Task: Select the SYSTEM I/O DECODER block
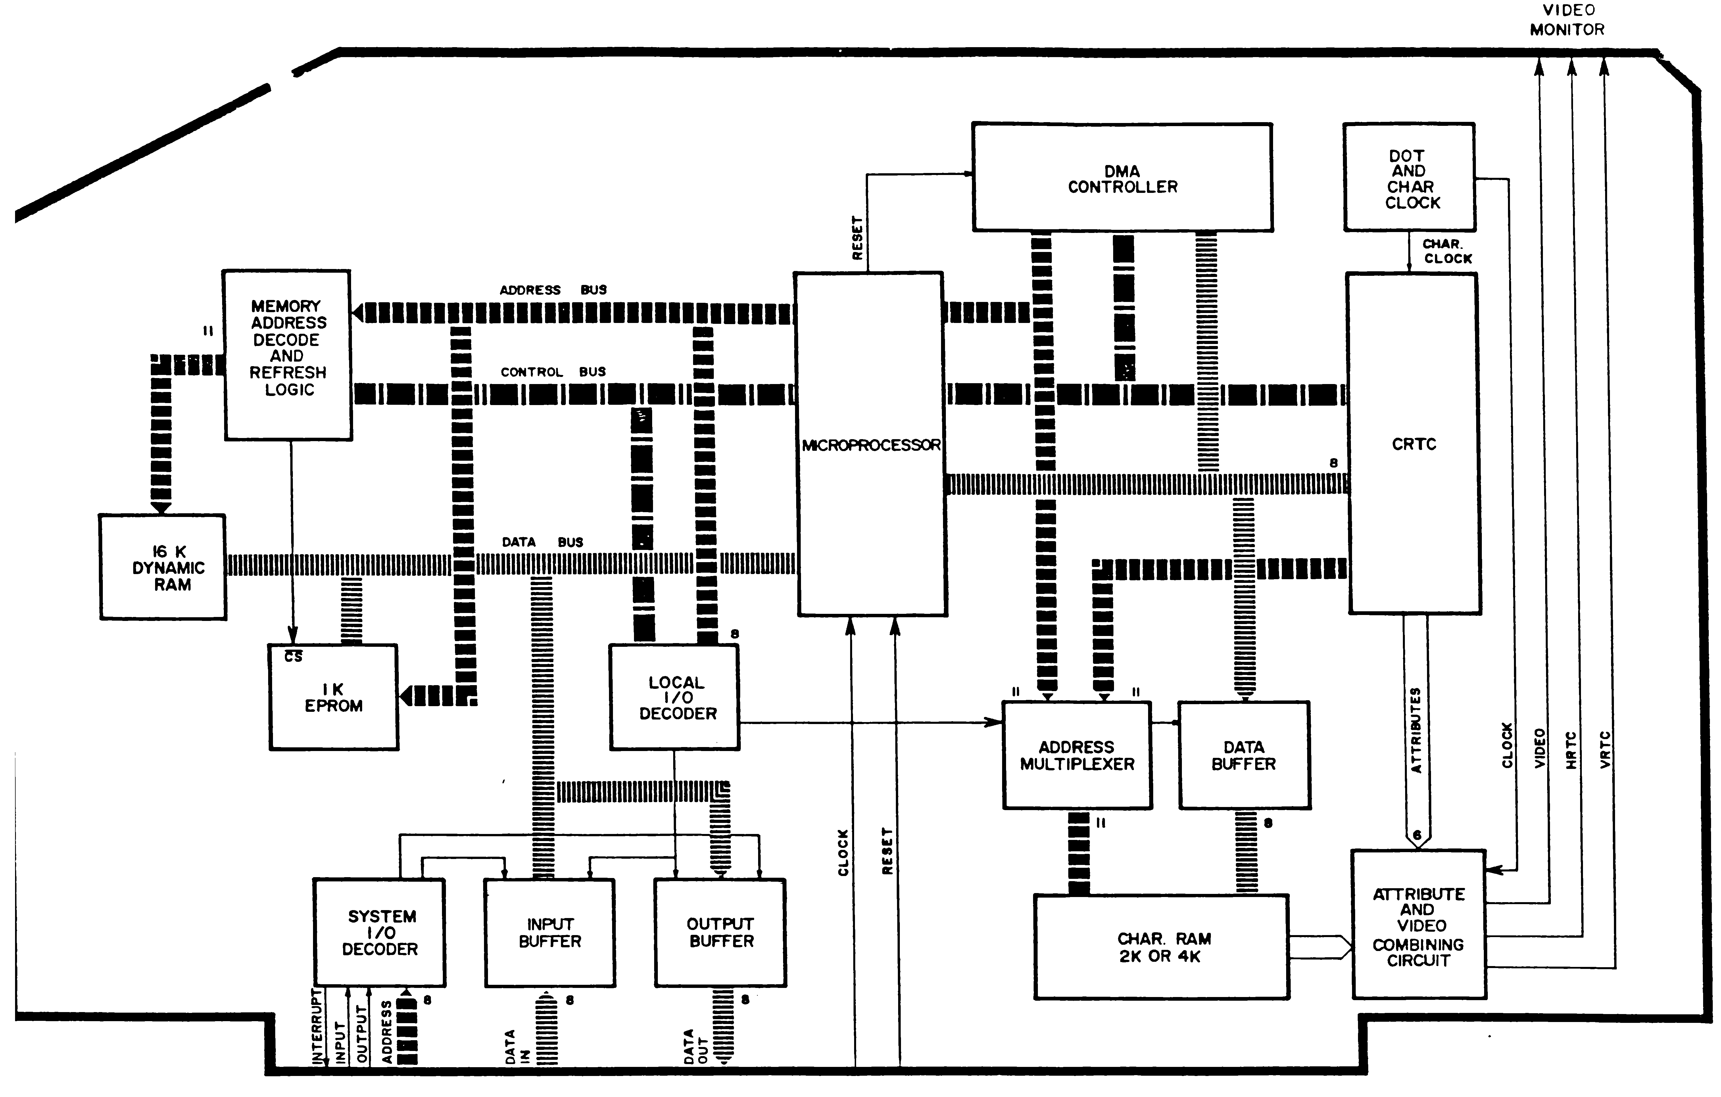click(380, 933)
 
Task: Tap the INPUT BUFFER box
click(550, 933)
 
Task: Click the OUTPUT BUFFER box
click(720, 933)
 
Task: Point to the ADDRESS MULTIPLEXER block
click(1077, 755)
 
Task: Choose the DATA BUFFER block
click(1244, 755)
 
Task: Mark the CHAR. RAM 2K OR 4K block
click(1161, 947)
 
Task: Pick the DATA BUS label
click(542, 542)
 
